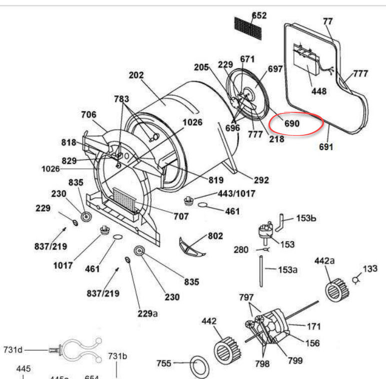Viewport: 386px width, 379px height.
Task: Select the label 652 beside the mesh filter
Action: tap(259, 15)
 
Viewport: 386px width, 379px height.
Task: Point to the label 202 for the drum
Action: tap(136, 75)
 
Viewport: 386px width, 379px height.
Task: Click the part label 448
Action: tap(318, 91)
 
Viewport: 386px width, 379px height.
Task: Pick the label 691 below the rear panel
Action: tap(325, 147)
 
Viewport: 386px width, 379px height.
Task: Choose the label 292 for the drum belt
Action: tap(261, 180)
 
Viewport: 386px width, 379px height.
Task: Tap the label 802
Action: tap(215, 236)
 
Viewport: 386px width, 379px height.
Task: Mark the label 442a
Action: tap(325, 261)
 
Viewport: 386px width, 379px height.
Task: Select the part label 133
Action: tap(370, 269)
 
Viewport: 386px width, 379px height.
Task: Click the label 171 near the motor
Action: tap(313, 327)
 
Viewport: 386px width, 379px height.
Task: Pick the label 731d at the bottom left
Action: tap(13, 350)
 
